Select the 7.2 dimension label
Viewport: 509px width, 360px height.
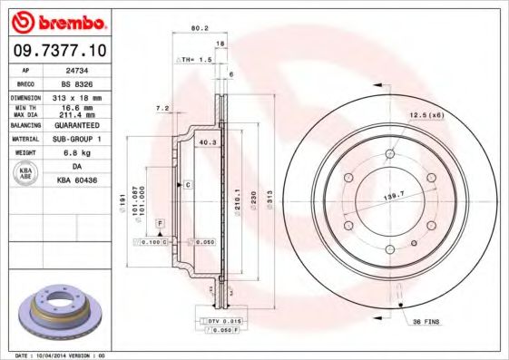pyautogui.click(x=162, y=109)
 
